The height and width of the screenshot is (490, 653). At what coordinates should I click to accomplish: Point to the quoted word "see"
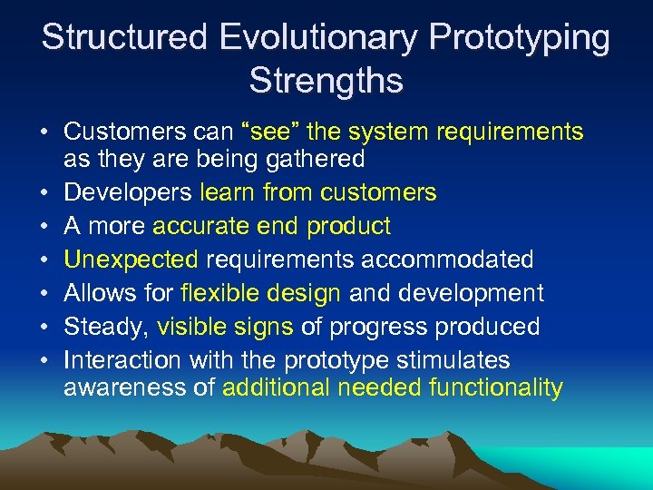coord(270,132)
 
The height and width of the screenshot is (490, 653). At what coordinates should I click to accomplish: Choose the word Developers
coord(128,192)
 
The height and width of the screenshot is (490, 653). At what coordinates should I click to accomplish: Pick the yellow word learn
coord(227,192)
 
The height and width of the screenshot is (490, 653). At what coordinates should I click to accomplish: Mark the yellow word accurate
coord(202,226)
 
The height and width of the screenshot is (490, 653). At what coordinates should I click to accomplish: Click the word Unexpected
coord(132,260)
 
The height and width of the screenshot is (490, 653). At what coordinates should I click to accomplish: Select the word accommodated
coord(447,260)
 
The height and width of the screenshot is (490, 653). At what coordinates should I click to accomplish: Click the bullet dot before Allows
coord(44,294)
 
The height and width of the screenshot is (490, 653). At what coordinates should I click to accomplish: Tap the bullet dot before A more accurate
coord(44,227)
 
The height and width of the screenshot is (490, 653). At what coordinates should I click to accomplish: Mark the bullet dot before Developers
coord(44,193)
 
